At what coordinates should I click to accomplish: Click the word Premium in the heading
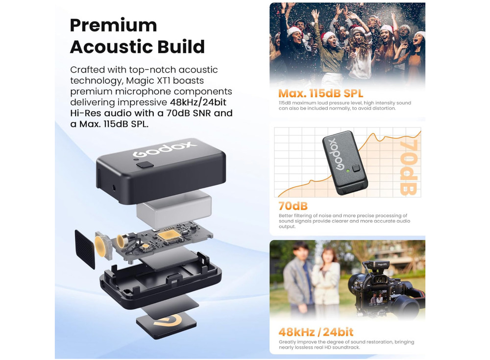click(x=113, y=25)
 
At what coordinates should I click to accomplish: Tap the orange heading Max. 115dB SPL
click(x=320, y=93)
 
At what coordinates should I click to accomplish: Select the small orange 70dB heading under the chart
click(x=293, y=206)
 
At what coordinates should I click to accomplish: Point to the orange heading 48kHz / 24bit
click(x=316, y=332)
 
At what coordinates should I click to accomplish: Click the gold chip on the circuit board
click(x=166, y=235)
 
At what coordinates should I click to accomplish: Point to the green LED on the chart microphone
click(x=347, y=171)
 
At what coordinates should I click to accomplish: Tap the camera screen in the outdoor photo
click(x=376, y=298)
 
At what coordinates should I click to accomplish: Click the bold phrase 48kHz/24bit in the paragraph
click(x=198, y=102)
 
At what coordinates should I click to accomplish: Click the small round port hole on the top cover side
click(x=114, y=186)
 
